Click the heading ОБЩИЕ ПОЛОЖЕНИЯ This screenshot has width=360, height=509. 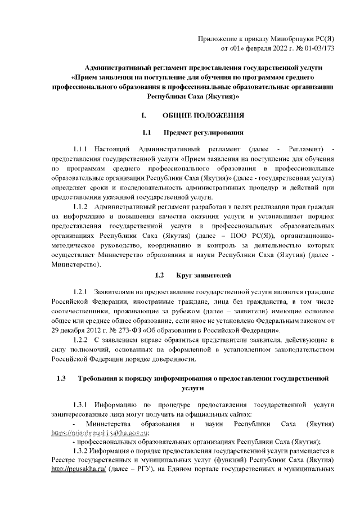(203, 116)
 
